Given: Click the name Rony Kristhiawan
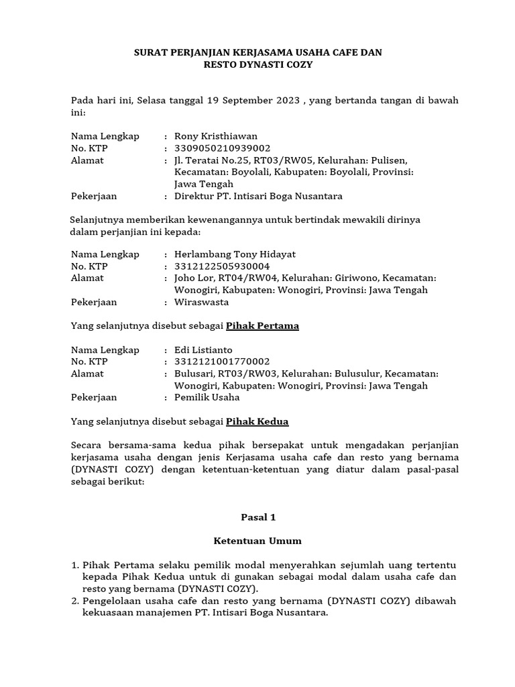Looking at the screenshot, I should coord(215,136).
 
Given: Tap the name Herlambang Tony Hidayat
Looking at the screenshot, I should coord(235,254).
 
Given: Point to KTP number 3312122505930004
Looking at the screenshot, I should coord(222,266).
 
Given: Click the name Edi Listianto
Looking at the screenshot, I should coord(203,350).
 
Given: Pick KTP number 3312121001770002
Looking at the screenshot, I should coord(222,362).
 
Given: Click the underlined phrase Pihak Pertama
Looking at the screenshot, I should coord(262,326).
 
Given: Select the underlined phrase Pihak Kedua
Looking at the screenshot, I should coord(257,422).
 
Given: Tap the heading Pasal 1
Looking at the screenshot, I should coord(258,517).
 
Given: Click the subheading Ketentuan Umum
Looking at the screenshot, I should coord(257,541).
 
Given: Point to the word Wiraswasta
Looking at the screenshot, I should coord(202,302).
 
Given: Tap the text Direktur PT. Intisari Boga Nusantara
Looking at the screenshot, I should coord(258,197).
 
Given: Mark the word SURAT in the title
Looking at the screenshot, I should coord(151,52).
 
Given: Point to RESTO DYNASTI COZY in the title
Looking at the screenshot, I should coord(258,65).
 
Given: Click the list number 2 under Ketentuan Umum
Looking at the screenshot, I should coord(75,601).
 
